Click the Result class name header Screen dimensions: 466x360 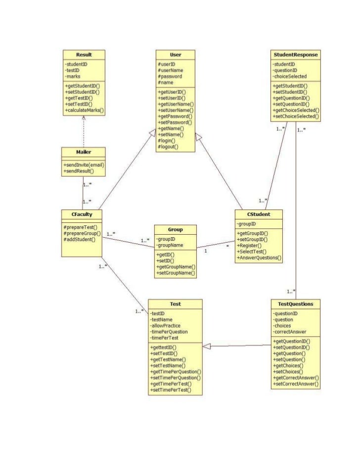click(84, 54)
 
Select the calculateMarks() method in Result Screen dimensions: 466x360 click(84, 111)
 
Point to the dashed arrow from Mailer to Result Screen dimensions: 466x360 click(84, 131)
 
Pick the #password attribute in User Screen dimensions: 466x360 click(170, 77)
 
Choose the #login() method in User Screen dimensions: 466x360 click(168, 141)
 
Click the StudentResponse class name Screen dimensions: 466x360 click(296, 54)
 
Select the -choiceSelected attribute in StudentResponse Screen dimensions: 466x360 click(290, 77)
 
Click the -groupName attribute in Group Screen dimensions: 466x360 click(170, 245)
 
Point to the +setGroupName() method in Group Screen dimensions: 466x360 click(176, 273)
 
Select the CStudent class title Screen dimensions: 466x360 click(259, 214)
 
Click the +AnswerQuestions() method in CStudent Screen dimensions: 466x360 click(259, 257)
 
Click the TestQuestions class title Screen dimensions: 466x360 click(296, 303)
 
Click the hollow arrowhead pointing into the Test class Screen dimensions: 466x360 click(207, 346)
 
